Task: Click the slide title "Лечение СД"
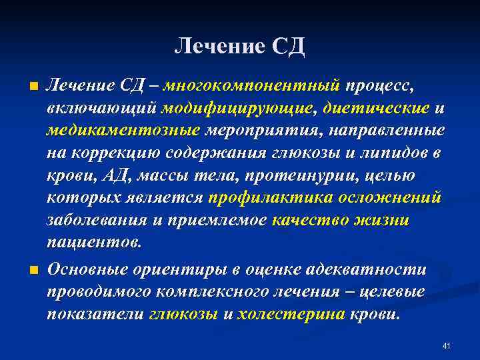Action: click(x=239, y=46)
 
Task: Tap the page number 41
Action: click(x=447, y=345)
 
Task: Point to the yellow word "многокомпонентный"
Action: click(x=252, y=86)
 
